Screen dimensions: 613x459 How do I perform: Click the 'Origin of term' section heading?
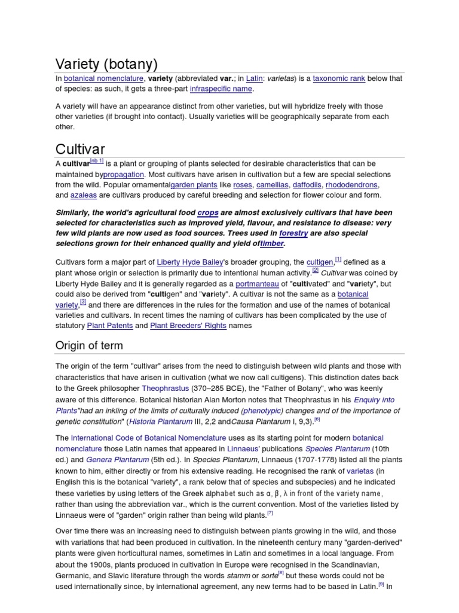click(x=89, y=345)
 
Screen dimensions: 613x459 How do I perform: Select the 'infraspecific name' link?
click(x=221, y=89)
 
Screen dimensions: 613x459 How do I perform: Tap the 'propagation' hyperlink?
click(x=124, y=174)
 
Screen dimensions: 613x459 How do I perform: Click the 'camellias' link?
click(x=272, y=185)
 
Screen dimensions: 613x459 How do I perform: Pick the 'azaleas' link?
click(x=83, y=195)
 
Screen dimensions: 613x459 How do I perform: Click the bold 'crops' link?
click(x=208, y=213)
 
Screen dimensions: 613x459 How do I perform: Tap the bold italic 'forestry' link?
click(x=293, y=233)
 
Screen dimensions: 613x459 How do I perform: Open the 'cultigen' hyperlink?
click(x=320, y=262)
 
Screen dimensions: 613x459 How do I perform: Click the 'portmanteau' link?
click(x=257, y=284)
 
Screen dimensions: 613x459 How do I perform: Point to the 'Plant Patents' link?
click(x=110, y=326)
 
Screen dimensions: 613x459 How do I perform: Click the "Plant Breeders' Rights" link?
click(x=188, y=326)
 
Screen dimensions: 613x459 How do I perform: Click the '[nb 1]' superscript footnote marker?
click(x=97, y=161)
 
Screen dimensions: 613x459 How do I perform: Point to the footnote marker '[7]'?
click(x=270, y=512)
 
